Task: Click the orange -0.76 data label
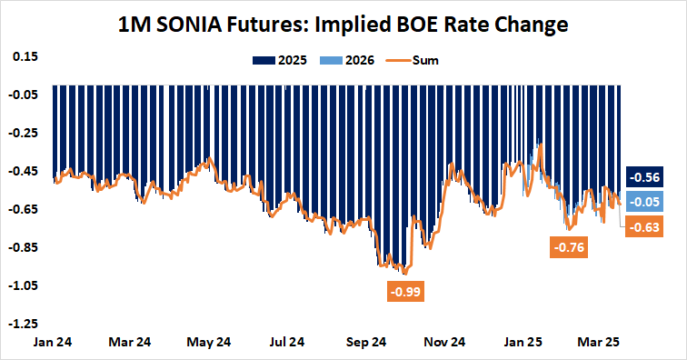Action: [x=568, y=247]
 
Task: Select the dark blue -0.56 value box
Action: [x=645, y=178]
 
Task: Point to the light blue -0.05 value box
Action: [x=645, y=202]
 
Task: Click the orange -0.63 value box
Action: [x=645, y=226]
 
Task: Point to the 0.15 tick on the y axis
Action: [x=25, y=56]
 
